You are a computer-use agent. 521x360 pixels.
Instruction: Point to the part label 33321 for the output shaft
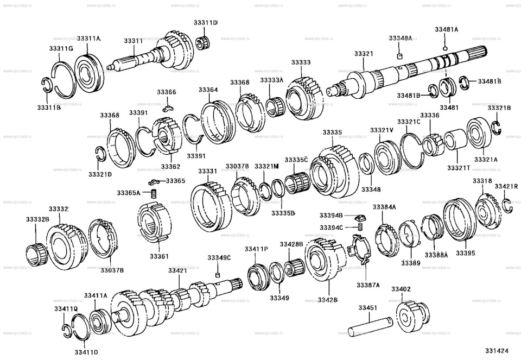point(364,54)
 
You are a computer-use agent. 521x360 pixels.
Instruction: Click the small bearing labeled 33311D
point(206,40)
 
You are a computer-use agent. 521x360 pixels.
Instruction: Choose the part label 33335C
point(297,159)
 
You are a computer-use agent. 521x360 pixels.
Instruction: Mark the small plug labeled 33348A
point(400,55)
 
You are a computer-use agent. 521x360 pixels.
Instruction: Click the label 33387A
point(368,285)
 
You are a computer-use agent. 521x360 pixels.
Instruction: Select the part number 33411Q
point(66,308)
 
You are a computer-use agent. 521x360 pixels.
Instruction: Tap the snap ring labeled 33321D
point(100,155)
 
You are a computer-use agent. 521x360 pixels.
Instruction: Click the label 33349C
point(219,257)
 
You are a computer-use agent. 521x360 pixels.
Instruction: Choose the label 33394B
point(331,216)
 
